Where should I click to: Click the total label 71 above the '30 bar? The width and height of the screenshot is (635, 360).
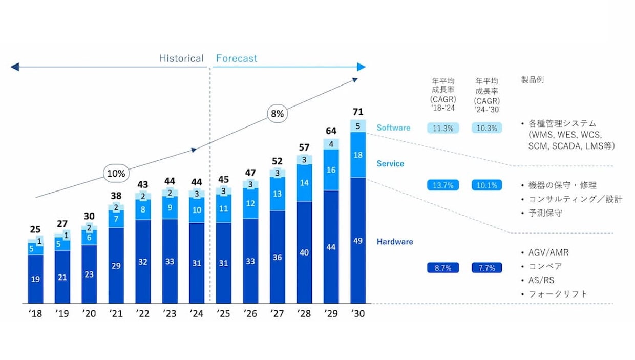(358, 111)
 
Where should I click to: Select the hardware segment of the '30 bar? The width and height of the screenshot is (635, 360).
(358, 240)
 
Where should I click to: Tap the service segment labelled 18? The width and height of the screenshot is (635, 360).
(358, 155)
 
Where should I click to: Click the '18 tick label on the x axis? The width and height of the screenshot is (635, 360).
(35, 314)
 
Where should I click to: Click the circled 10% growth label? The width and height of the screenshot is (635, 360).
(116, 173)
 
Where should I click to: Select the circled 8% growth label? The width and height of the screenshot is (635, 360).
(277, 114)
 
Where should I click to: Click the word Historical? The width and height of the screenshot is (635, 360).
(181, 58)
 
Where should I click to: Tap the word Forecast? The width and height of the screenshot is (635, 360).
(237, 58)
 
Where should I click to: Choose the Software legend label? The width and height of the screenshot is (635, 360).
(393, 128)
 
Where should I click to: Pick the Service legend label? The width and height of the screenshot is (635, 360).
(390, 164)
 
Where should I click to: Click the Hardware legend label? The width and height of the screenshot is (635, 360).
(395, 242)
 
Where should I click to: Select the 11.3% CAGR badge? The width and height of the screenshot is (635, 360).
(443, 128)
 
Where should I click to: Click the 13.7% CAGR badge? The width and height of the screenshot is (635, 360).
(443, 185)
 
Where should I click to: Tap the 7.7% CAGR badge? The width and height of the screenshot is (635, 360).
(486, 268)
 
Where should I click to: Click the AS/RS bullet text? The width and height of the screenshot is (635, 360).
(541, 280)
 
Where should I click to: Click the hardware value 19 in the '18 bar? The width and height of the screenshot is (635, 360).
(35, 279)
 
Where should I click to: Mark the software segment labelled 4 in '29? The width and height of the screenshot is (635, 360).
(331, 144)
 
